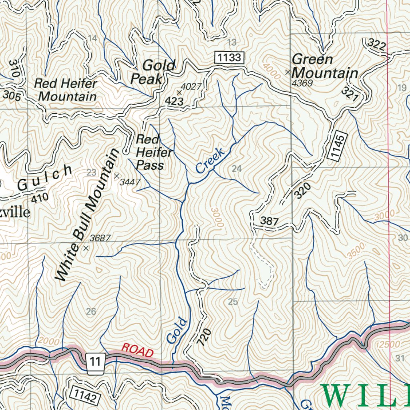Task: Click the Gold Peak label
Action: pos(153,72)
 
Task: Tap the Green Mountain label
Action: pos(325,66)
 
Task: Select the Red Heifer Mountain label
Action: pos(66,90)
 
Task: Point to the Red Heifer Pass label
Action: pos(154,152)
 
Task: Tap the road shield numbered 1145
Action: pos(338,146)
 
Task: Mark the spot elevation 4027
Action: pos(191,86)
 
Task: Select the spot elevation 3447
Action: pos(130,182)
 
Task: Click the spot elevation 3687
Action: pos(100,238)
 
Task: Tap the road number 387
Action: pos(269,221)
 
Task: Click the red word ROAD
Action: pos(137,350)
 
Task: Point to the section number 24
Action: pos(237,169)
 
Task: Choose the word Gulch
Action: pos(45,179)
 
